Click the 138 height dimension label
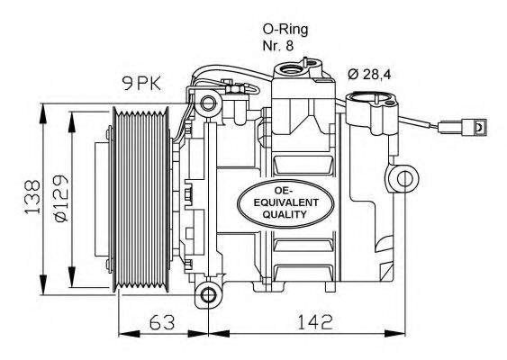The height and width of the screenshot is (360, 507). [32, 197]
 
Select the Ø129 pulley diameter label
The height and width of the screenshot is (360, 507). [61, 198]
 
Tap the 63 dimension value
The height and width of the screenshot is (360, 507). [162, 322]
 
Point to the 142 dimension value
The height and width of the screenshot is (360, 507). [315, 322]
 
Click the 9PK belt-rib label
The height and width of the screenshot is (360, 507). [141, 84]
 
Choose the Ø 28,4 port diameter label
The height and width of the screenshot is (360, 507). [369, 75]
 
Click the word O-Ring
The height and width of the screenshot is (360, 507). [285, 30]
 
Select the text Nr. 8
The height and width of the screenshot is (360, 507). [278, 46]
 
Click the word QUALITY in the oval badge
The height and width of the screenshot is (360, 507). [285, 214]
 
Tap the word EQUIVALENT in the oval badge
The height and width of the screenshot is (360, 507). [285, 202]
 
